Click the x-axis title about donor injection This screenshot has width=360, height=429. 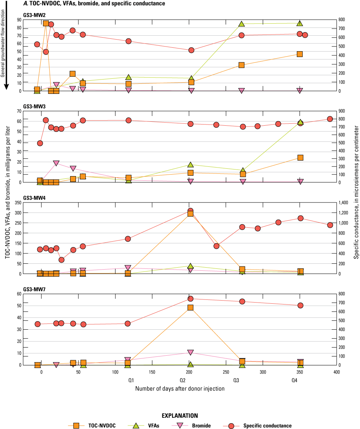click(x=179, y=388)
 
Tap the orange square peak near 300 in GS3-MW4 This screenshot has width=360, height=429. click(x=190, y=214)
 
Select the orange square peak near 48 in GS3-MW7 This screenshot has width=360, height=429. click(x=190, y=308)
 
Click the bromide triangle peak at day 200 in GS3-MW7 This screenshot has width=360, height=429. click(x=190, y=352)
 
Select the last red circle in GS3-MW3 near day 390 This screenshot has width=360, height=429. click(x=330, y=119)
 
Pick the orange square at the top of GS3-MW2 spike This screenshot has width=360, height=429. click(x=46, y=23)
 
